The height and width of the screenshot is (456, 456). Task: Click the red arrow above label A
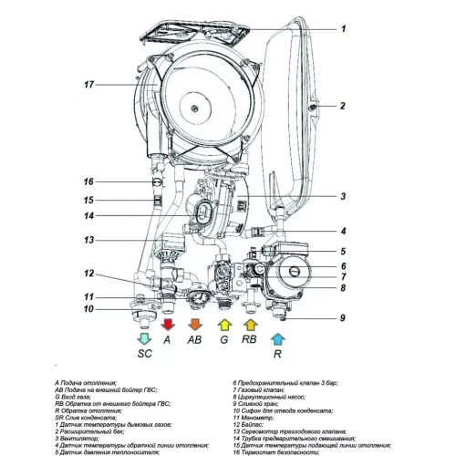point(167,323)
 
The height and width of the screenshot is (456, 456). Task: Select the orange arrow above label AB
point(194,323)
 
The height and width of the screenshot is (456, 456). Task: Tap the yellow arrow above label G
point(223,323)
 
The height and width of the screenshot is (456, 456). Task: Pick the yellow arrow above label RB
point(251,323)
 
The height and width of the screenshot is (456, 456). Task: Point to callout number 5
point(343,251)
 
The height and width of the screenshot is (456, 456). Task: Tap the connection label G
point(223,339)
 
